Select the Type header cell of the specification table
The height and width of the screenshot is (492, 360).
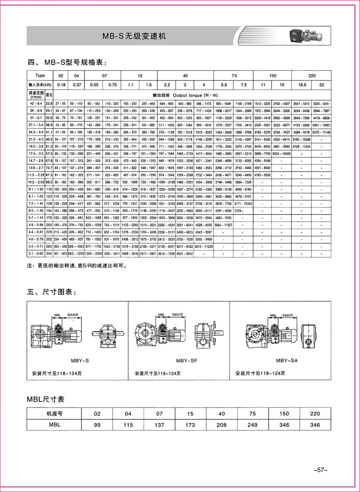click(40, 76)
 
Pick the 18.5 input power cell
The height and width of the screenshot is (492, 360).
click(302, 85)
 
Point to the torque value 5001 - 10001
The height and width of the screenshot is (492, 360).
click(321, 125)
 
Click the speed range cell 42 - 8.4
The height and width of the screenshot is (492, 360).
click(36, 104)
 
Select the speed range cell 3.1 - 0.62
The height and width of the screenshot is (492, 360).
click(36, 254)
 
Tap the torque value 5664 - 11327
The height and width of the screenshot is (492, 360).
click(223, 225)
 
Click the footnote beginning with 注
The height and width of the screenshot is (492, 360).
click(77, 266)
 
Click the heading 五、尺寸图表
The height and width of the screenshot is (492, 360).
click(52, 292)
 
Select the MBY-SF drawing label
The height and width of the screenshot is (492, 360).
click(186, 361)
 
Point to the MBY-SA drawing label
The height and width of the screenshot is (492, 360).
click(287, 361)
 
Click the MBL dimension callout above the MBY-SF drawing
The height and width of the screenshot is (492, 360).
click(161, 315)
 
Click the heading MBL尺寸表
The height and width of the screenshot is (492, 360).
click(46, 399)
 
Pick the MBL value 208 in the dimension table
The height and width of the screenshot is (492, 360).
click(221, 425)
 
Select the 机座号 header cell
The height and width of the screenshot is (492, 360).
click(54, 414)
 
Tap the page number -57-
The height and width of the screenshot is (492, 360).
click(320, 470)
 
